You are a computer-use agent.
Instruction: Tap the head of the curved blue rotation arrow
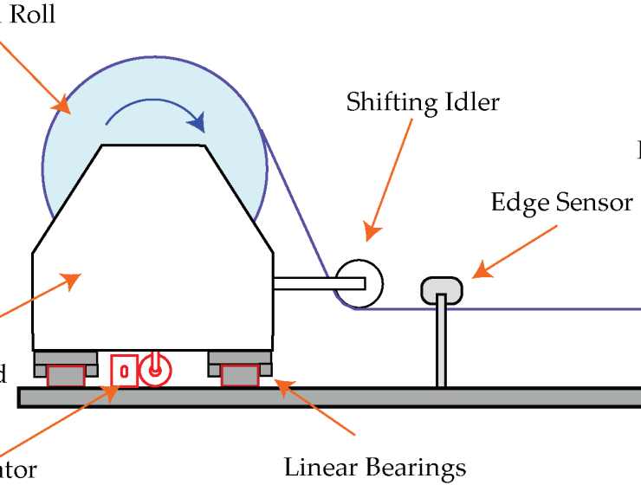point(197,123)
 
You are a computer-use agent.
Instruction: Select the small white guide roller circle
point(358,284)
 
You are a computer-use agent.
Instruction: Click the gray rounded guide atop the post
point(441,289)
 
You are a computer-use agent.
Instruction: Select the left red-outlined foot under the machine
point(66,375)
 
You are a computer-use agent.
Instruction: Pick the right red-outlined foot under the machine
point(240,375)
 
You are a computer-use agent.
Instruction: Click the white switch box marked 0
point(124,371)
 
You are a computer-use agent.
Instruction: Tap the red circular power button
point(155,370)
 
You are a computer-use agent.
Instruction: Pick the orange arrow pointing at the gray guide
point(515,251)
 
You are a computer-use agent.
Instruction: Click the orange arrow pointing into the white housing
point(35,297)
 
